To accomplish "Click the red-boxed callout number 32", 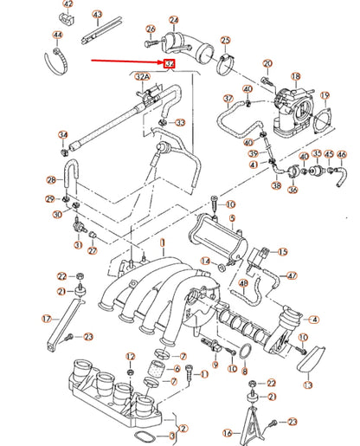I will click(x=168, y=64).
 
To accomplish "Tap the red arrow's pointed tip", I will click(x=162, y=64).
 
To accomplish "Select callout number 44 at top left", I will click(x=57, y=36).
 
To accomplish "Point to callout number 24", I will click(x=173, y=20).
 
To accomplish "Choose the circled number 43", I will click(x=97, y=15).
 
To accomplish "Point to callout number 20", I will click(x=267, y=63).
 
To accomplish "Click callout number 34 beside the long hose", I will click(x=62, y=134).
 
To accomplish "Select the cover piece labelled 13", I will click(x=309, y=355).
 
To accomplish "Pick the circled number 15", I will click(x=282, y=251).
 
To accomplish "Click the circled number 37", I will click(x=228, y=99).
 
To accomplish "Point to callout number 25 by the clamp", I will click(x=225, y=40).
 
